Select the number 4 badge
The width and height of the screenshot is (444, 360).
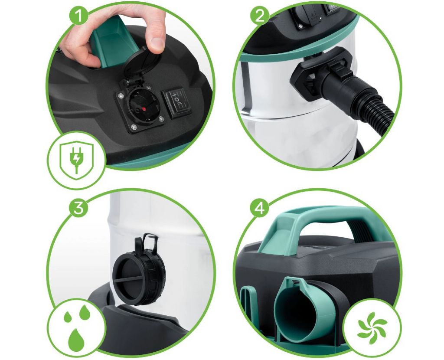pyautogui.click(x=260, y=208)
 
